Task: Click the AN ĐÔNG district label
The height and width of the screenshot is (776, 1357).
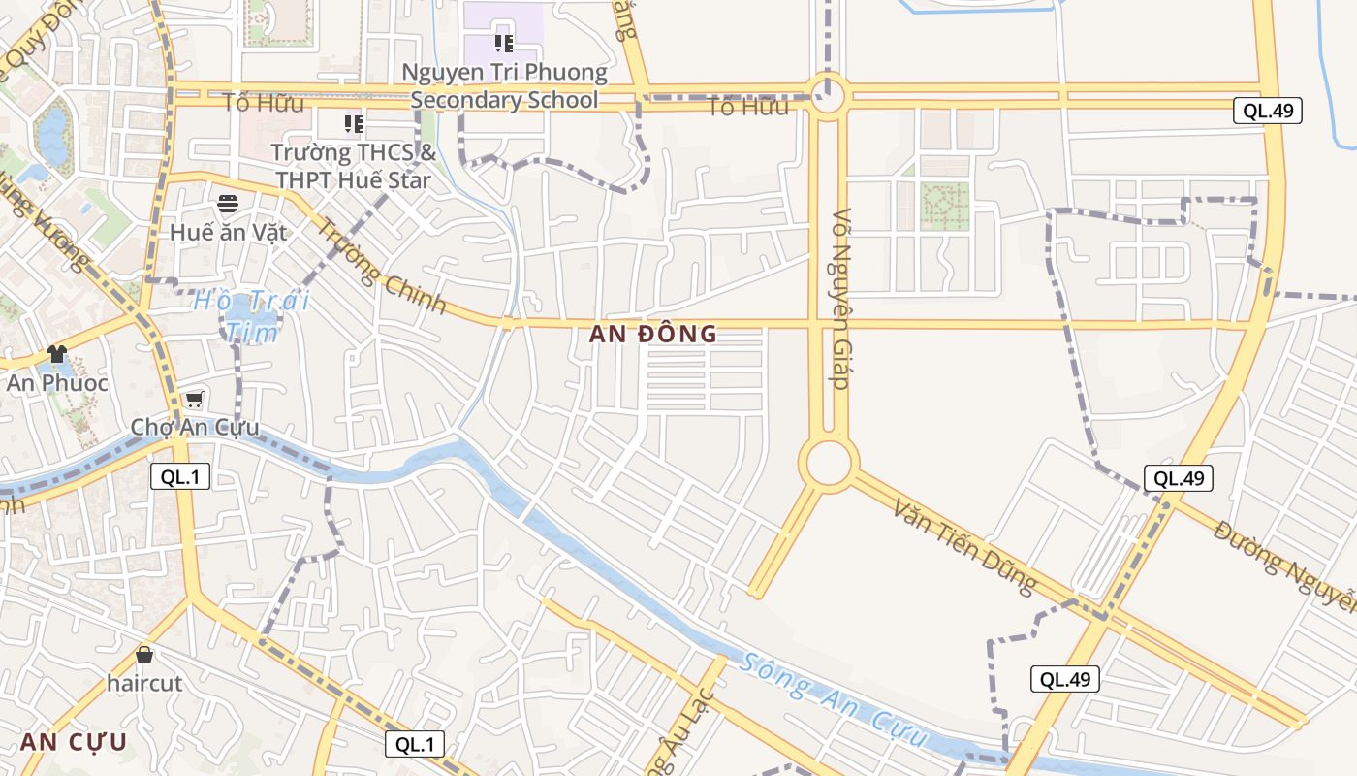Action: pos(653,335)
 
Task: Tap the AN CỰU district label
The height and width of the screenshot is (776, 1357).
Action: pos(74,742)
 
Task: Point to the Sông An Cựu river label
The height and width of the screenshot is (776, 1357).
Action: pos(835,706)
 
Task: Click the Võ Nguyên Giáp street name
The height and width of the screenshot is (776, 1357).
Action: pos(840,299)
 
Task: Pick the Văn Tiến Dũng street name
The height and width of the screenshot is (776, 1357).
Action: pos(964,546)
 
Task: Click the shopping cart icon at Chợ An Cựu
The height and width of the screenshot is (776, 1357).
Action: pos(194,400)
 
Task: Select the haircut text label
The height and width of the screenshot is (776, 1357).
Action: pos(144,683)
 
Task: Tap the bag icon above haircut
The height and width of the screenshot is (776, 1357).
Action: pos(144,656)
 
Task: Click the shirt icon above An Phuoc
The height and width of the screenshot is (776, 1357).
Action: pos(56,354)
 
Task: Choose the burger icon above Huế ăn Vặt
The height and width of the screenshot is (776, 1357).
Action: pos(228,204)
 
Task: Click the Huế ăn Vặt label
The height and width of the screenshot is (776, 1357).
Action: pos(228,232)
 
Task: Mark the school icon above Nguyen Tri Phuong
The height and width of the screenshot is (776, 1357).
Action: pos(503,43)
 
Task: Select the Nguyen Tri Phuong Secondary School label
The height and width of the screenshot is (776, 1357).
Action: pos(504,85)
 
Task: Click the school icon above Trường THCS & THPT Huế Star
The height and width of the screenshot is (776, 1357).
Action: pos(354,124)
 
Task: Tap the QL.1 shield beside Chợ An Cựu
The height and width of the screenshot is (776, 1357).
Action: pos(180,476)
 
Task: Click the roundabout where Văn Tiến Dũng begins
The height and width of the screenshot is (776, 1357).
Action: pos(828,464)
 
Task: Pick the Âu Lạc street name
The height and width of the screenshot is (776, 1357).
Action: pos(683,732)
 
